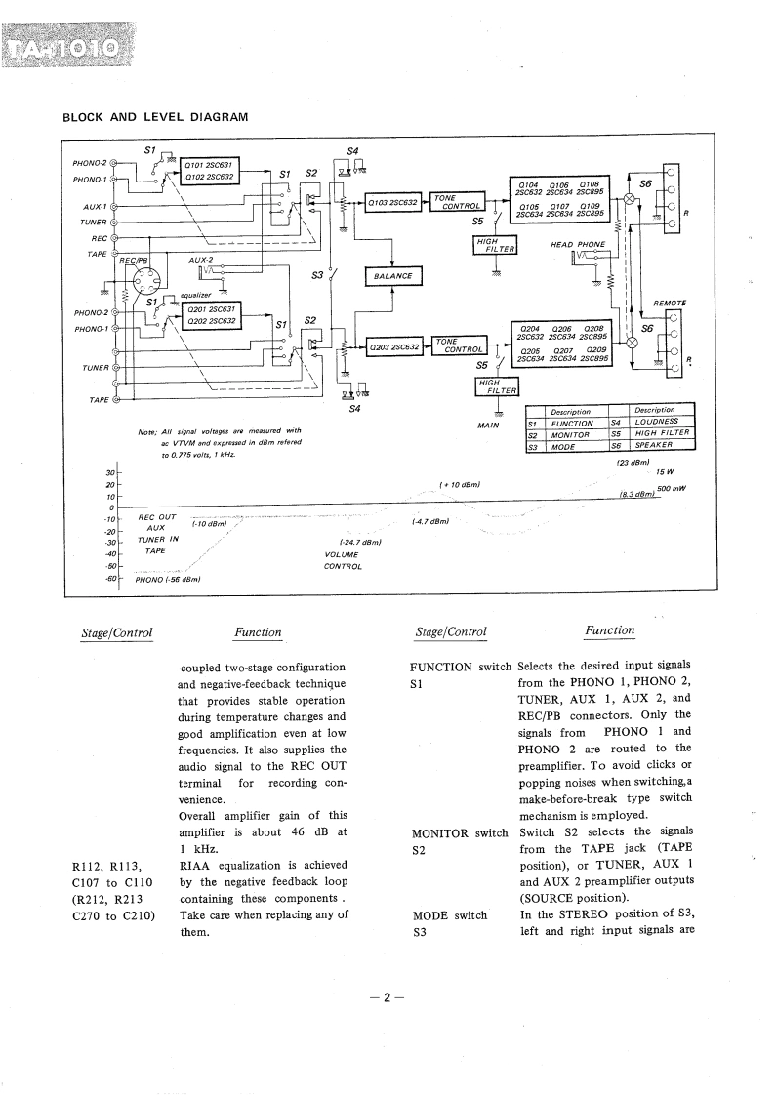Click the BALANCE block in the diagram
[392, 276]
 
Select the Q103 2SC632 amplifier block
[393, 203]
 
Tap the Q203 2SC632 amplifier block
[393, 346]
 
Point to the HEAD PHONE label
[578, 245]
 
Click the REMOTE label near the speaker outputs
[670, 303]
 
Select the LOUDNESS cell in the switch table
[661, 423]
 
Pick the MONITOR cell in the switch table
[572, 434]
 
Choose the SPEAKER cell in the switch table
[661, 446]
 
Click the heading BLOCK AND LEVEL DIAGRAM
[155, 117]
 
